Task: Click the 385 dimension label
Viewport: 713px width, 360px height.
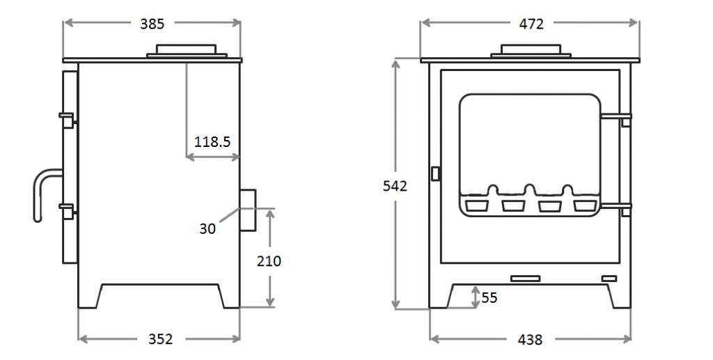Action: [152, 24]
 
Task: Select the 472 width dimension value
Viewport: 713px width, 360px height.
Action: [531, 24]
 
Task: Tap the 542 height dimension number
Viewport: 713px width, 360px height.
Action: [395, 186]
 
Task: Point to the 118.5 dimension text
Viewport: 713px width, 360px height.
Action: [212, 142]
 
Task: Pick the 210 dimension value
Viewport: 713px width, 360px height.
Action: [269, 261]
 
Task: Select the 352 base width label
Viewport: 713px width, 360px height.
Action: [160, 339]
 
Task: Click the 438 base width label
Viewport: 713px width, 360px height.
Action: [530, 340]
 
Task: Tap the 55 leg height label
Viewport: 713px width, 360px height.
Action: [489, 298]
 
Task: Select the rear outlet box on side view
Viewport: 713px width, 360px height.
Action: [248, 210]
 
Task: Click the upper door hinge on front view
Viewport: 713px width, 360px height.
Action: [617, 118]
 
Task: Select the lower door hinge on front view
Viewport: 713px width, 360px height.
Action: [617, 206]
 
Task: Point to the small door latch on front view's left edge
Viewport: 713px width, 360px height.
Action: [436, 173]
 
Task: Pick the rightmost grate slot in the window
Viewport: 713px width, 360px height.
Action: [585, 205]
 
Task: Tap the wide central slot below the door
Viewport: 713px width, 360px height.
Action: [525, 279]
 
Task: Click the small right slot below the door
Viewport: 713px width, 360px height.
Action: [609, 279]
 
